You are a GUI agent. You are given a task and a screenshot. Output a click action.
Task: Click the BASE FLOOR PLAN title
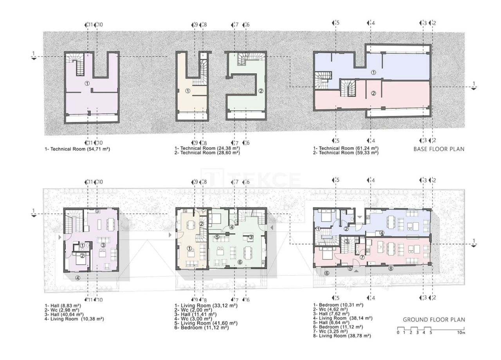[x=439, y=149]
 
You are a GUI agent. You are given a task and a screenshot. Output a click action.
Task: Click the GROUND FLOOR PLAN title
[x=434, y=320]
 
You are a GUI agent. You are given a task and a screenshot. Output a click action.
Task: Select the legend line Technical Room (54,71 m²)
[x=74, y=149]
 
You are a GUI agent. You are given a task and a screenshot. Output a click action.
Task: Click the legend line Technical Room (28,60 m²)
[x=207, y=153]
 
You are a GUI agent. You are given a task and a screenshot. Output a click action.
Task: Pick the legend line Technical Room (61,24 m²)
[x=346, y=148]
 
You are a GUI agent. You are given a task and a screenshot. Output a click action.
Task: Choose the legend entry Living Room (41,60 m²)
[x=206, y=323]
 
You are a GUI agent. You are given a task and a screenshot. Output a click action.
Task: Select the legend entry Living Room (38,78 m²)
[x=342, y=336]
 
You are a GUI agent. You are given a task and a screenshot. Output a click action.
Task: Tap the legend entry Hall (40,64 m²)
[x=64, y=314]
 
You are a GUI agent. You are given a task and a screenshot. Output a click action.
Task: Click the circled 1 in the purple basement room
[x=87, y=83]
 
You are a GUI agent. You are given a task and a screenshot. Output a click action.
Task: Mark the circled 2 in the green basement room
[x=261, y=91]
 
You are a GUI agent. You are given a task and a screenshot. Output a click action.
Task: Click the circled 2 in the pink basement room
[x=373, y=93]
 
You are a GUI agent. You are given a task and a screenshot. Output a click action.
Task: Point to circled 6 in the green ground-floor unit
[x=240, y=262]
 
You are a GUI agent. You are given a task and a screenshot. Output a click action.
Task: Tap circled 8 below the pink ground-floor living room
[x=390, y=268]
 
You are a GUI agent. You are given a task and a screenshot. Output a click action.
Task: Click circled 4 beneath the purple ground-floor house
[x=78, y=278]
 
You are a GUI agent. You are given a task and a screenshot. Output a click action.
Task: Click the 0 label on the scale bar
[x=398, y=333]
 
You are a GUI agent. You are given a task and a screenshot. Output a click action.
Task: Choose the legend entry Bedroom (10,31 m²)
[x=338, y=305]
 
